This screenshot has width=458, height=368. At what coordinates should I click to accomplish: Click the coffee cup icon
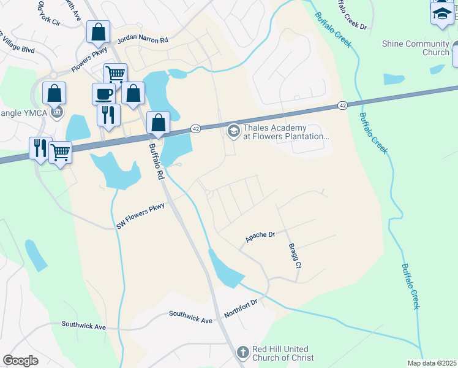pos(103,94)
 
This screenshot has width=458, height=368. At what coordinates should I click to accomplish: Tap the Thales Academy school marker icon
pos(233,131)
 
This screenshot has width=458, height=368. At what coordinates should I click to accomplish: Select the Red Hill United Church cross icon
pos(243,352)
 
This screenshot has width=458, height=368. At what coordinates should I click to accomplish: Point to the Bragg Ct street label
pos(295,255)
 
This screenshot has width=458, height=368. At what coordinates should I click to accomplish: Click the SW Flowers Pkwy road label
pos(141,217)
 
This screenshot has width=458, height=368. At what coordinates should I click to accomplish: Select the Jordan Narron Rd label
pos(146,39)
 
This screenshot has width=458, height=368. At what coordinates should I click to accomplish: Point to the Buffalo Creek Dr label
pos(353,17)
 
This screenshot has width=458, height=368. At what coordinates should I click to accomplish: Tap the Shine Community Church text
pos(415,48)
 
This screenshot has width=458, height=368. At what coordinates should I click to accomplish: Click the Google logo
pos(20,361)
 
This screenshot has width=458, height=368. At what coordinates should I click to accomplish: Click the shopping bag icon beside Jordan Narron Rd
pos(98,31)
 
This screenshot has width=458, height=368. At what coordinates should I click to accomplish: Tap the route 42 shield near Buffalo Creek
pos(342,106)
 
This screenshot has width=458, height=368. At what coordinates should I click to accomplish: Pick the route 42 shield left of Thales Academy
pos(195,128)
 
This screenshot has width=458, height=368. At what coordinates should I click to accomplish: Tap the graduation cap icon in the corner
pos(441,13)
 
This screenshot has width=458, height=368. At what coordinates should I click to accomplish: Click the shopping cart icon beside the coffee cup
pos(115,74)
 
